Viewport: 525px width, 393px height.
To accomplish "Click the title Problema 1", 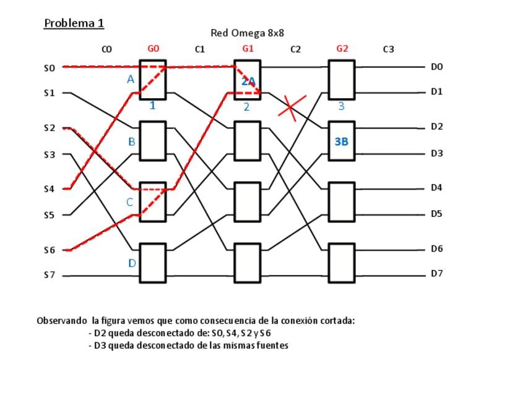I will point(74,23).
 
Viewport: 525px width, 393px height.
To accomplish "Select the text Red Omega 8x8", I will point(247,33).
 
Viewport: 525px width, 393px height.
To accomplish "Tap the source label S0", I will point(50,68).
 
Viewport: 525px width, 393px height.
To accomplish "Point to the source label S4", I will point(50,189).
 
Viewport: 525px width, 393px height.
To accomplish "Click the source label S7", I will point(50,275).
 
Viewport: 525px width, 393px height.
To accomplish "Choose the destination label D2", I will point(437,127).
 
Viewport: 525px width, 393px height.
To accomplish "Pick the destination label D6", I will point(437,248).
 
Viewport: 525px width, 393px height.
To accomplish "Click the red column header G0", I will point(153,49).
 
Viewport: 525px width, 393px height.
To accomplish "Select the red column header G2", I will point(342,49).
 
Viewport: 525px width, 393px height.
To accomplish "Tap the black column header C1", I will point(199,49).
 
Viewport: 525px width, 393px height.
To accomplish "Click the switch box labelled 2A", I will point(248,80).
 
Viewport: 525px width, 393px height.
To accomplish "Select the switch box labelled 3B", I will point(341,142).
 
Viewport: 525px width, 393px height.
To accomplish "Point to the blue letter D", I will point(131,263).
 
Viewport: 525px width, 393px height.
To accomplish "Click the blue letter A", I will point(130,79).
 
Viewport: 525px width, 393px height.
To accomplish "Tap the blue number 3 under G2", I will point(341,107).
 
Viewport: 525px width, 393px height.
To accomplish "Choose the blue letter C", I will point(130,202).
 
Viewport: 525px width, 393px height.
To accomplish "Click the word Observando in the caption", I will point(62,321).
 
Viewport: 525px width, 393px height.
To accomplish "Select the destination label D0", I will point(437,67).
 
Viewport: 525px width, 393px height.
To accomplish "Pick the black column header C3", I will point(388,49).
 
